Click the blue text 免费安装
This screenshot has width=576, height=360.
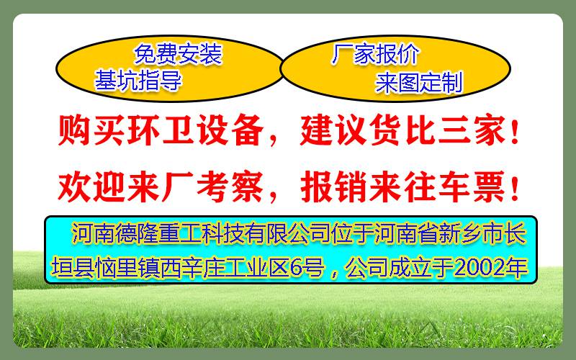[x=178, y=54]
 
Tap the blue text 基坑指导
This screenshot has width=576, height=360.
[x=138, y=81]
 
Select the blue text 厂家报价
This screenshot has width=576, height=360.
[x=375, y=54]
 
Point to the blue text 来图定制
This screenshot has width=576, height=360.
[x=419, y=83]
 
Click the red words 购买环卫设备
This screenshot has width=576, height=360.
[x=161, y=130]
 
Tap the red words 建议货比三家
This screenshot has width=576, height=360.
[x=403, y=130]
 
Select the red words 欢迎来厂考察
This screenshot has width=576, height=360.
[x=161, y=187]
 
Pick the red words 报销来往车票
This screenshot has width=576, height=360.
[x=403, y=187]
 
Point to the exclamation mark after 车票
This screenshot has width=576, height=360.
[x=515, y=188]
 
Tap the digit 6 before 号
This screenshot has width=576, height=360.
[x=296, y=268]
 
